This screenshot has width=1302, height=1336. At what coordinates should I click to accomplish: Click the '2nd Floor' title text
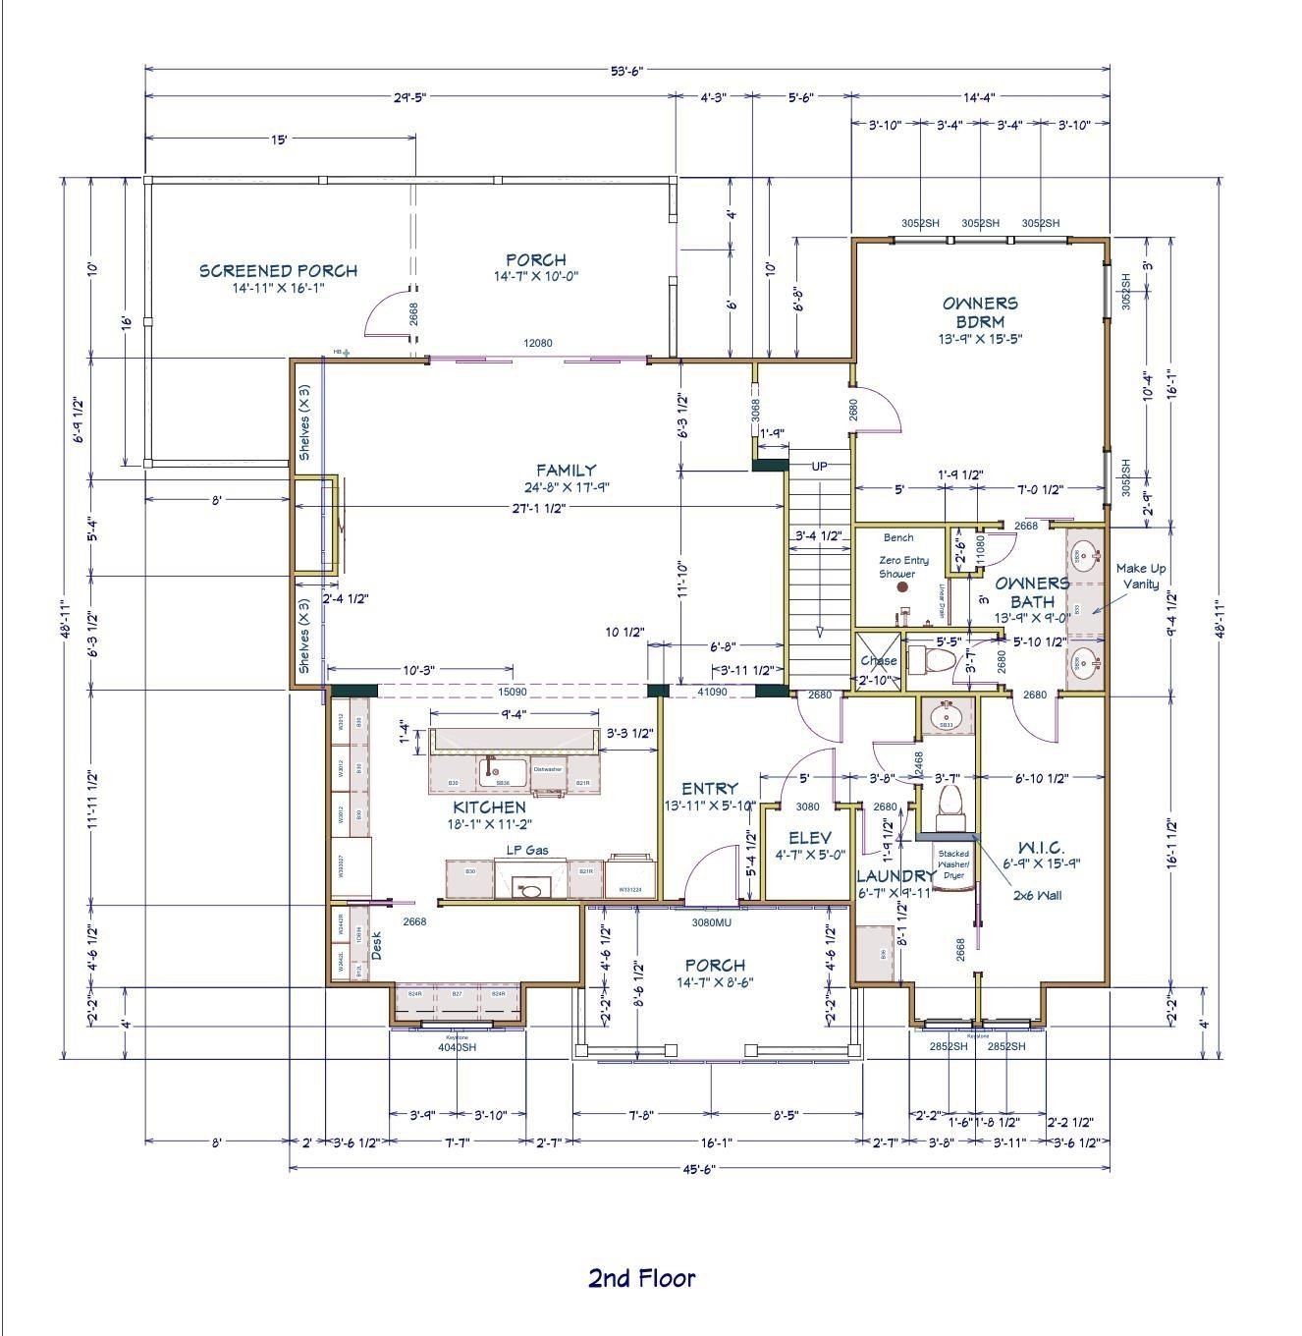coord(641,1278)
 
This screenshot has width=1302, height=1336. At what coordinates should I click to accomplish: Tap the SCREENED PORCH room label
coord(278,271)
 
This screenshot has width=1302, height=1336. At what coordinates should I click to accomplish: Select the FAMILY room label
coord(566,471)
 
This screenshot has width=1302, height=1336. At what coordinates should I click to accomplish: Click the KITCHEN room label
coord(489,807)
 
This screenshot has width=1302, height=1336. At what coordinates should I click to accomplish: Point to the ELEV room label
coord(810,838)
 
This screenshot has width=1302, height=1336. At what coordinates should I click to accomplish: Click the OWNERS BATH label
coord(1032,591)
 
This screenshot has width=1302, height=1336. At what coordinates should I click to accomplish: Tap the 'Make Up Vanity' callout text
coord(1140,576)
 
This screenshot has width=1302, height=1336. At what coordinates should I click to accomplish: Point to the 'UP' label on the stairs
coord(819,466)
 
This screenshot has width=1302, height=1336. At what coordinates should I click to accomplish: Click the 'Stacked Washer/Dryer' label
coord(953,863)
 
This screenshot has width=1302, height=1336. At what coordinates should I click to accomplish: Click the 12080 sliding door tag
coord(537,343)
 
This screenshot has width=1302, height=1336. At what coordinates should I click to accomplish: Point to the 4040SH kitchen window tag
coord(457,1046)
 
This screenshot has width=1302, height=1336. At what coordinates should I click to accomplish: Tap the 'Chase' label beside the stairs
coord(878,661)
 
